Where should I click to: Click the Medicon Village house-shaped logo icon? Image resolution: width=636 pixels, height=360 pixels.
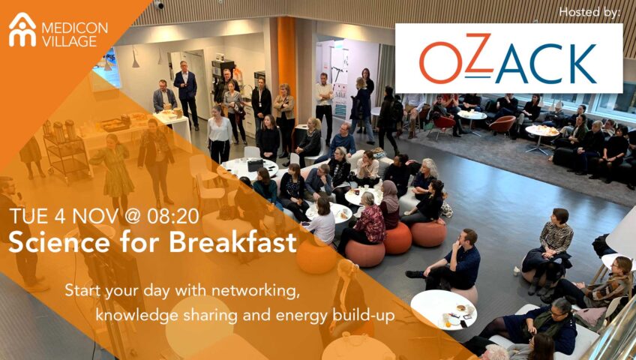coord(22,30)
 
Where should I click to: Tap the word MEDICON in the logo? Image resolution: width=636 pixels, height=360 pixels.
coord(75,28)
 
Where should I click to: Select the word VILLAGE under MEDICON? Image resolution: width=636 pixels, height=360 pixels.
coord(69,41)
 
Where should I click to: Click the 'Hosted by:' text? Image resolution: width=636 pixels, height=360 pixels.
coord(589,12)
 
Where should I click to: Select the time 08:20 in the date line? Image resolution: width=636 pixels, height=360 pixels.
coord(172,217)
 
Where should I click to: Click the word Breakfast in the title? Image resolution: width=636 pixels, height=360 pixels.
coord(232,243)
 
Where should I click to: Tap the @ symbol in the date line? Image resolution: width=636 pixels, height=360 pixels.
coord(132,217)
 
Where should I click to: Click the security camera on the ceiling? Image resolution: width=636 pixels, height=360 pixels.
coord(158,4)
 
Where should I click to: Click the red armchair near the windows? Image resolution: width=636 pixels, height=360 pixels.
coord(502,124)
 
